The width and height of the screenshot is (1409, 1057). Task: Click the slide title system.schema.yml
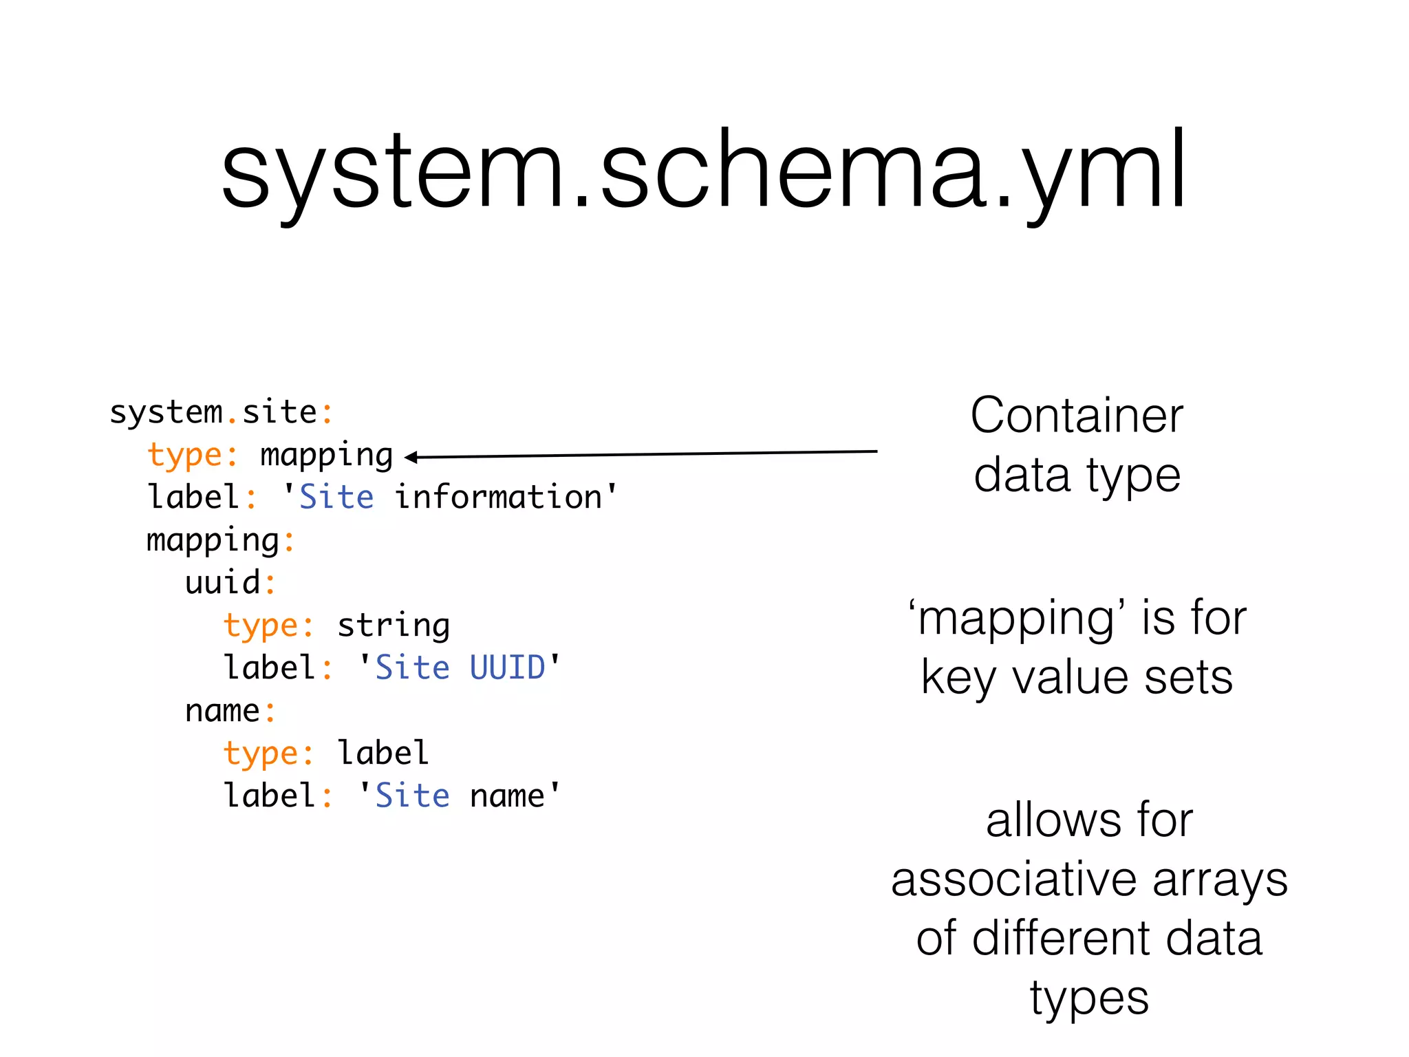pos(703,171)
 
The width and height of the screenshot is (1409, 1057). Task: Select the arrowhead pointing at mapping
pos(411,457)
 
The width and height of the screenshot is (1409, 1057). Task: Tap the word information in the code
pos(498,498)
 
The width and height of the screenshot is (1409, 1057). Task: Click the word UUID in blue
pos(507,668)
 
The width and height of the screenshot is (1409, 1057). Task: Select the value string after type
pos(394,626)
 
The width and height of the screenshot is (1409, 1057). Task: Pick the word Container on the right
pos(1077,416)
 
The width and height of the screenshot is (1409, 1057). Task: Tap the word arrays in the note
pos(1220,880)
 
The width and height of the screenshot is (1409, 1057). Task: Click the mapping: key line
pos(220,541)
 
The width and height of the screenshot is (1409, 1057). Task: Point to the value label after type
pos(383,754)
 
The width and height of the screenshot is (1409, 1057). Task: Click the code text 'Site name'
pos(460,796)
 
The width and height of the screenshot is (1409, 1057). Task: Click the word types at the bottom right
pos(1089,999)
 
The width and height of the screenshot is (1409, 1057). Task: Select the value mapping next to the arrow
pos(326,456)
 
